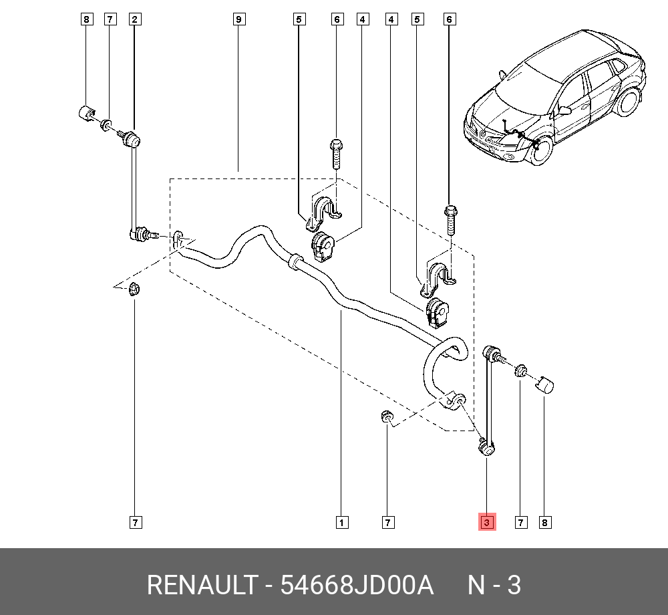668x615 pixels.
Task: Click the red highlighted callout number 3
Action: pyautogui.click(x=486, y=522)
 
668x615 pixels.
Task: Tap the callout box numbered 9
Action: pyautogui.click(x=238, y=19)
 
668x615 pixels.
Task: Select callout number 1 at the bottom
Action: pyautogui.click(x=341, y=522)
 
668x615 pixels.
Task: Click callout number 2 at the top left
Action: pyautogui.click(x=134, y=19)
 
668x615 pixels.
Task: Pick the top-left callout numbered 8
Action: pyautogui.click(x=86, y=19)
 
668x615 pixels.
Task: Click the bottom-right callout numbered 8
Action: pyautogui.click(x=545, y=522)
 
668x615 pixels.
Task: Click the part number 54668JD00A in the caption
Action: pyautogui.click(x=357, y=585)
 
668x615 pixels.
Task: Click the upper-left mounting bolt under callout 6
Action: pyautogui.click(x=337, y=154)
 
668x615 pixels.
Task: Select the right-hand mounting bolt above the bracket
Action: pyautogui.click(x=450, y=219)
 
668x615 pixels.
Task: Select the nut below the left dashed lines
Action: pyautogui.click(x=134, y=290)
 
